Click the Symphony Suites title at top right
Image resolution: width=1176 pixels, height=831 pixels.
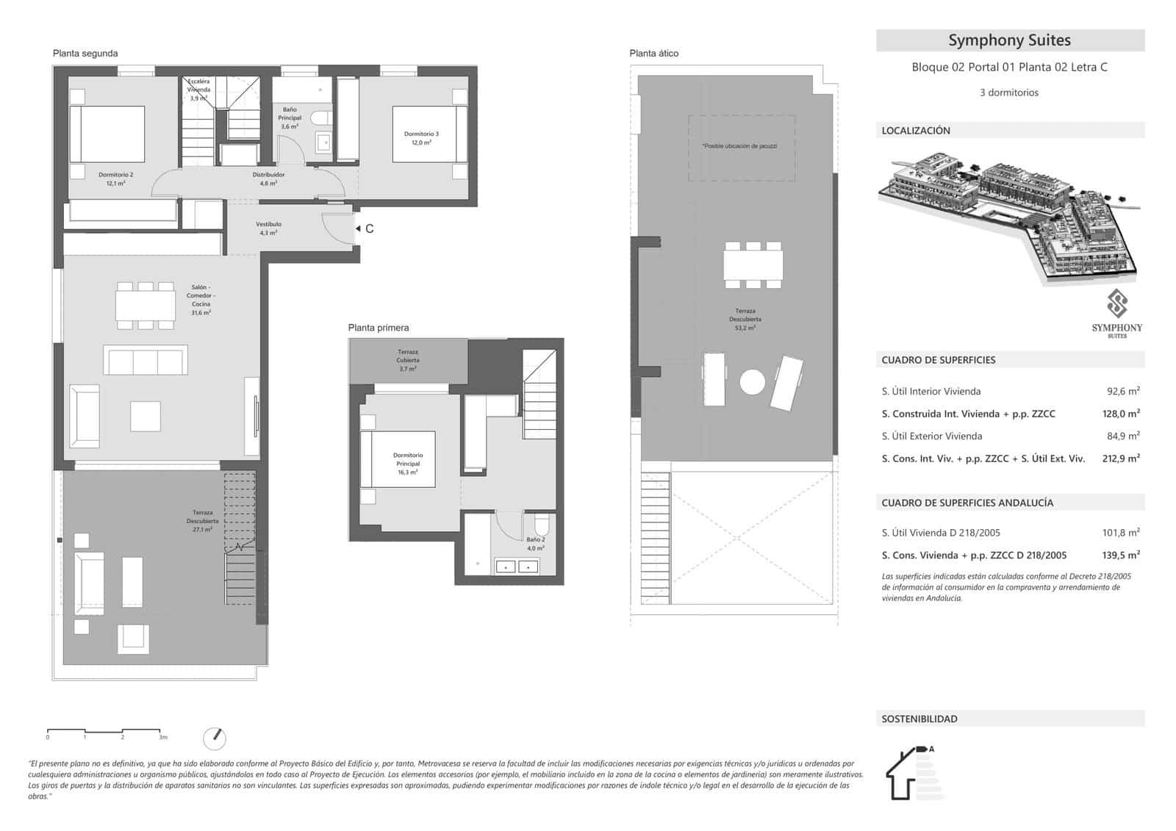point(1009,40)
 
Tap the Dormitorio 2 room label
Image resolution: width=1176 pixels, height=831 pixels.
point(115,179)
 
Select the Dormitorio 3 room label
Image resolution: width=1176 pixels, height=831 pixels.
point(421,138)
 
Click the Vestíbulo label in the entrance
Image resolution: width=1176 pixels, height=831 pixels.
point(268,228)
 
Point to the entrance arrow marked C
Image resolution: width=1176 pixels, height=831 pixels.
point(365,229)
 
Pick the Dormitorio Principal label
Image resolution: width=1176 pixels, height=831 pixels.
point(407,464)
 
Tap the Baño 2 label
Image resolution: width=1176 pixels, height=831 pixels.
point(535,544)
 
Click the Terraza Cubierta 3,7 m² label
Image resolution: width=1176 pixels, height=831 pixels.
point(408,360)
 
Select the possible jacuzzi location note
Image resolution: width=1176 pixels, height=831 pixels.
point(740,145)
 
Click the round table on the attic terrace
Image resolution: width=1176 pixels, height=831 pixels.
point(752,382)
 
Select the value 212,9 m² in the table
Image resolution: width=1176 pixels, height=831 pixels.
point(1122,458)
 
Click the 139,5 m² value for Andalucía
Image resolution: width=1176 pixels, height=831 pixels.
point(1122,555)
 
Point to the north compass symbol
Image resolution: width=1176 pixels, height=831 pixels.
point(215,738)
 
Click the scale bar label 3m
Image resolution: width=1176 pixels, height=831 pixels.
point(163,737)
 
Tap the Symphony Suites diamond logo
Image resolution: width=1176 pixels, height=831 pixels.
point(1116,303)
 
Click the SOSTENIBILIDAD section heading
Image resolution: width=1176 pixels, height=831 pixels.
point(919,719)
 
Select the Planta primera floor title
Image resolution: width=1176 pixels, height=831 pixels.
point(379,328)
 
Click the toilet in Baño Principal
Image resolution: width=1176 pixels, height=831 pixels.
point(319,118)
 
